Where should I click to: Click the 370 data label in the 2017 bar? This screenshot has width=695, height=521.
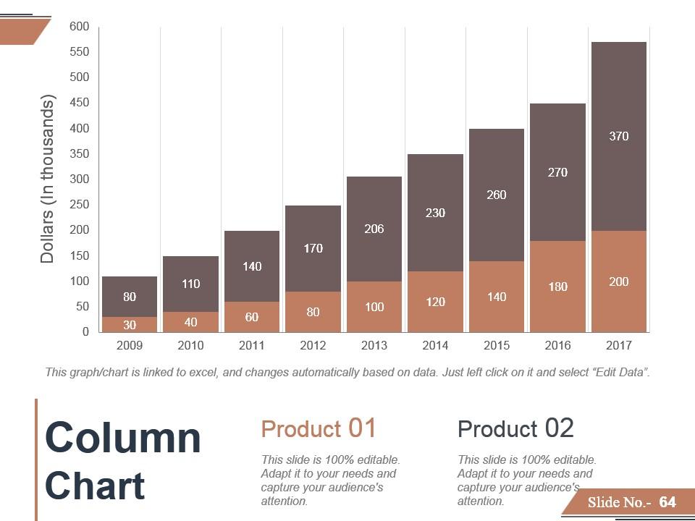tap(618, 136)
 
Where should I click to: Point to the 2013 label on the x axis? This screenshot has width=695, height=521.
tap(374, 345)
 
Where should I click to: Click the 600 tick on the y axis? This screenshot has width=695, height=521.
tap(80, 27)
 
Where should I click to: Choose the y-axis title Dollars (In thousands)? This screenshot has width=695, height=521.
tap(48, 179)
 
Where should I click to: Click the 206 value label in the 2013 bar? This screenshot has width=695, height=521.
tap(374, 229)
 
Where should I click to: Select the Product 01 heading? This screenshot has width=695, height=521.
tap(319, 428)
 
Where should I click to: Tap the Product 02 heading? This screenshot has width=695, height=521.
tap(515, 428)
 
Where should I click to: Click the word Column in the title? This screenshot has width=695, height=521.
tap(123, 438)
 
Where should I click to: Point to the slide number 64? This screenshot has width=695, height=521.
tap(667, 502)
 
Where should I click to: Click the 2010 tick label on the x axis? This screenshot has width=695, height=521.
tap(190, 345)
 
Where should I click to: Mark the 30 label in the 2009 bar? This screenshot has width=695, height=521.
tap(130, 325)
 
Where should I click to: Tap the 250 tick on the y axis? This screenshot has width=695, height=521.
tap(80, 205)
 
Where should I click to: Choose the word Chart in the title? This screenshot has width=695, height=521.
tap(95, 486)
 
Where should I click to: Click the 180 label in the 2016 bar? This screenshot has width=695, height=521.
tap(557, 287)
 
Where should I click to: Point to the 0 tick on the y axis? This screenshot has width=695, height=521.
tap(85, 332)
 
